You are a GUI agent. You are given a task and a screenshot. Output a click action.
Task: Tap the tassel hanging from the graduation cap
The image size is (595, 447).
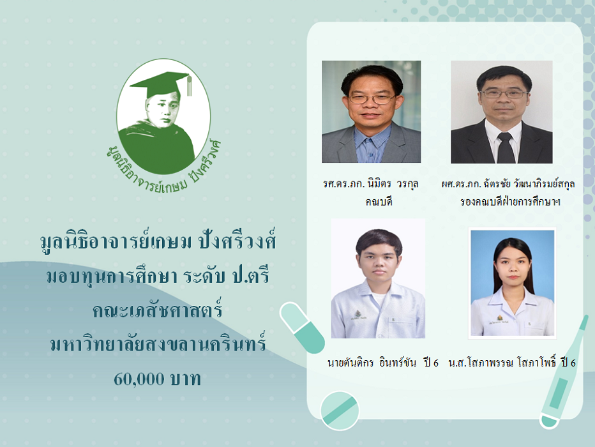189,86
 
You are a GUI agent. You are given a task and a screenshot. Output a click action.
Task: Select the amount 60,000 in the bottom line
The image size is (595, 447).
139,379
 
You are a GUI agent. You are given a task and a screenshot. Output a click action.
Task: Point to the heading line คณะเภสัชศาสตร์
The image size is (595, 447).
158,310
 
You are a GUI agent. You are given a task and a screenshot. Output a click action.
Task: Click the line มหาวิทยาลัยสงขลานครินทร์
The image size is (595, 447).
158,344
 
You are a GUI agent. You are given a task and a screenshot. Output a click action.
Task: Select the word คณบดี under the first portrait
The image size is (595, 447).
379,202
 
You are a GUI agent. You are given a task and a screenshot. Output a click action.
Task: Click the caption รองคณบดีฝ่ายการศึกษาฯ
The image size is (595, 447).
510,202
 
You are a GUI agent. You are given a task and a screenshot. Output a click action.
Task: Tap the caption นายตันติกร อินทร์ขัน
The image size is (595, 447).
372,363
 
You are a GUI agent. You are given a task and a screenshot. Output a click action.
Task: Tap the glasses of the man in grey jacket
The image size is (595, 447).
372,98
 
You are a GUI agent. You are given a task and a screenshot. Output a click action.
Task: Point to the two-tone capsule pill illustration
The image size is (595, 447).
302,328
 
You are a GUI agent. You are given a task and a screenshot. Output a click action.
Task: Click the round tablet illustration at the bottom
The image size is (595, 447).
340,411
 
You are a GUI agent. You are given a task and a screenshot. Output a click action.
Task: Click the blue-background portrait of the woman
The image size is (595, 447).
512,283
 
